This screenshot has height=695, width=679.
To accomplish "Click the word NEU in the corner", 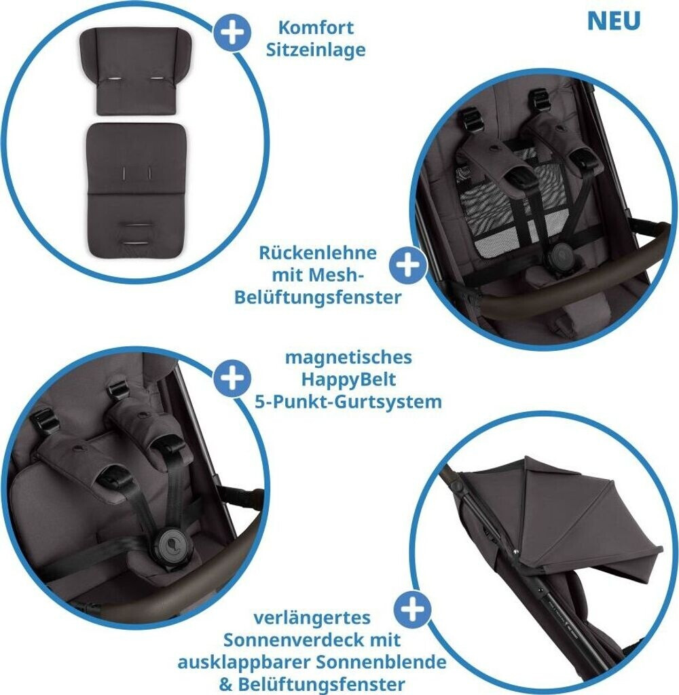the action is (x=614, y=21).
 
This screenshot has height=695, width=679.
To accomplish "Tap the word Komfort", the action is (x=316, y=27).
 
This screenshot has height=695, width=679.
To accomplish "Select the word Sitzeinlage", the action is (x=316, y=50).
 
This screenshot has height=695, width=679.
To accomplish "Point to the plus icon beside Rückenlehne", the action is (x=407, y=265).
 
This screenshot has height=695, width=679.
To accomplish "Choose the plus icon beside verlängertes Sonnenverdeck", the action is (x=412, y=609).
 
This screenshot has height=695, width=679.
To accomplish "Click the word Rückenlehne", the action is (x=318, y=252).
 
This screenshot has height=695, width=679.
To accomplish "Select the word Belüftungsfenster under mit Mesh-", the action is (x=318, y=297).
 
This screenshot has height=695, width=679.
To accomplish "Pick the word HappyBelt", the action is (x=348, y=380).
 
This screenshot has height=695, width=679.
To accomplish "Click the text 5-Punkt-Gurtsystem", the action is (x=348, y=402).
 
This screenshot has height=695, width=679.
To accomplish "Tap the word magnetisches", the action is (x=348, y=357).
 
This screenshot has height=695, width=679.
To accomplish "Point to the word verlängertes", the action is (x=312, y=618).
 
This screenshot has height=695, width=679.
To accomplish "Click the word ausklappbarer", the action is (x=244, y=662).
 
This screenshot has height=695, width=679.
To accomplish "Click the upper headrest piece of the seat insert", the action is (x=136, y=72).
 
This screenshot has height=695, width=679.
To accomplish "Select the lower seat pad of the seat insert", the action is (x=136, y=190).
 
